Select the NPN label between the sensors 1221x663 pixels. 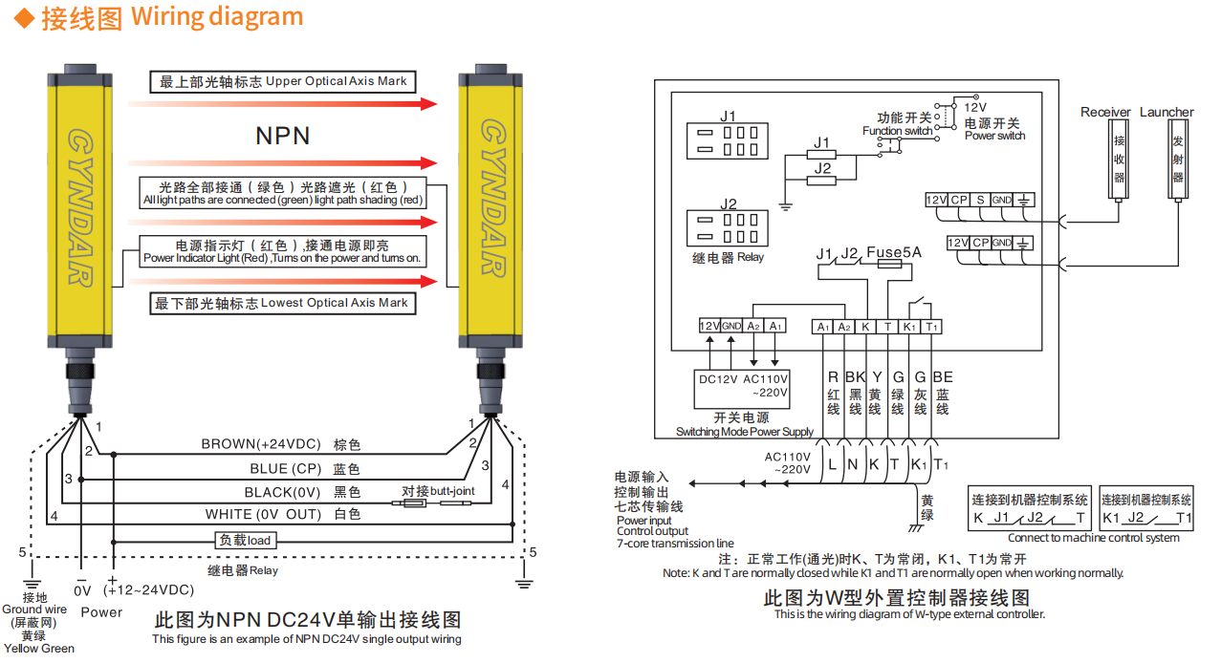pos(282,136)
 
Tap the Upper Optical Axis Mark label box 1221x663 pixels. pos(283,81)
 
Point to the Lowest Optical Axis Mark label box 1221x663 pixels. pos(282,303)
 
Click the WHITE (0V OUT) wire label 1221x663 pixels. pos(269,514)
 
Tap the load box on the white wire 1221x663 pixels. pos(245,540)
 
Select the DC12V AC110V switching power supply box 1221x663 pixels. pos(743,386)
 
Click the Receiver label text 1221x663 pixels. pos(1105,112)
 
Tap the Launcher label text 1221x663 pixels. pos(1166,112)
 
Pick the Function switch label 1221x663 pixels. pos(897,130)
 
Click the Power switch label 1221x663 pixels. pos(994,136)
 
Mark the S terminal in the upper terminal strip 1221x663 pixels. pos(979,200)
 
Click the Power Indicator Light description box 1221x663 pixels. pos(282,251)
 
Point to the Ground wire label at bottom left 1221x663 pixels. pos(34,609)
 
